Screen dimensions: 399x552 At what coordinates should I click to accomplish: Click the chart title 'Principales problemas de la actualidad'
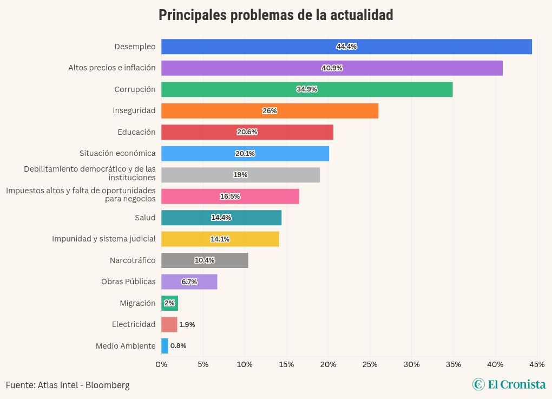[x=275, y=15]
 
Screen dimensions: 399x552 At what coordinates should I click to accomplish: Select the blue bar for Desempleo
[x=346, y=47]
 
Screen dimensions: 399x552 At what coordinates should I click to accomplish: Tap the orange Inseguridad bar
[x=270, y=110]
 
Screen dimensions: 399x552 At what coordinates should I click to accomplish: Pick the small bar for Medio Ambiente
[x=165, y=346]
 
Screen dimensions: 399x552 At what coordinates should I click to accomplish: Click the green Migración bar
[x=169, y=303]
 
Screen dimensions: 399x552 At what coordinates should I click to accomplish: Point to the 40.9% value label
[x=332, y=68]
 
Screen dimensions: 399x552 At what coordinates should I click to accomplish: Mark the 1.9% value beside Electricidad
[x=187, y=325]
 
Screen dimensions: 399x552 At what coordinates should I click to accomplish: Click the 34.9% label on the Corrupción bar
[x=307, y=89]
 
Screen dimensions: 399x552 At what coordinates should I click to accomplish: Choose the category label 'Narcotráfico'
[x=133, y=260]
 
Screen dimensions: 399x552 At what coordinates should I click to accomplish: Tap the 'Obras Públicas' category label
[x=128, y=282]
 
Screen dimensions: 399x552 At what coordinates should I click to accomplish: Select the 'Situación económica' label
[x=117, y=153]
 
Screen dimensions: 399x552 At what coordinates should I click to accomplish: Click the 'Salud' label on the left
[x=145, y=218]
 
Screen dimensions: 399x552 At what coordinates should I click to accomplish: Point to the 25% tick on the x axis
[x=370, y=364]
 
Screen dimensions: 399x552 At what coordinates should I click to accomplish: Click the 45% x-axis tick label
[x=537, y=364]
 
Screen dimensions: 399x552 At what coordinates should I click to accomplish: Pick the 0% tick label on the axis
[x=161, y=364]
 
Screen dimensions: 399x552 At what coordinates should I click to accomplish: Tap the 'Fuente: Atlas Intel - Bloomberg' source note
[x=68, y=385]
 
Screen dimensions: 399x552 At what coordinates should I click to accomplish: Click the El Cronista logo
[x=509, y=384]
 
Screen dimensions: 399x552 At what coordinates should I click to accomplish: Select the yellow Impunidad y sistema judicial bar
[x=220, y=239]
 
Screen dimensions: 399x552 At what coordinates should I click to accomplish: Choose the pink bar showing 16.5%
[x=230, y=197]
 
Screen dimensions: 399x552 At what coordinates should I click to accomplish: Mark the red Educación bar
[x=247, y=132]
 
